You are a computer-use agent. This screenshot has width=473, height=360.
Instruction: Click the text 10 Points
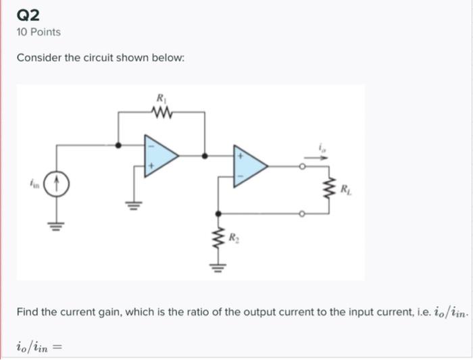point(39,32)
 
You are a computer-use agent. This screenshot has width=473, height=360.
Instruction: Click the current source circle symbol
point(57,183)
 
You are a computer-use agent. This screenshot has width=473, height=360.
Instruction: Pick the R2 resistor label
point(233,238)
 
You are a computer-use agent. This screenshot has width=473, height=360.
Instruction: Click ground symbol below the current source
point(57,226)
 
